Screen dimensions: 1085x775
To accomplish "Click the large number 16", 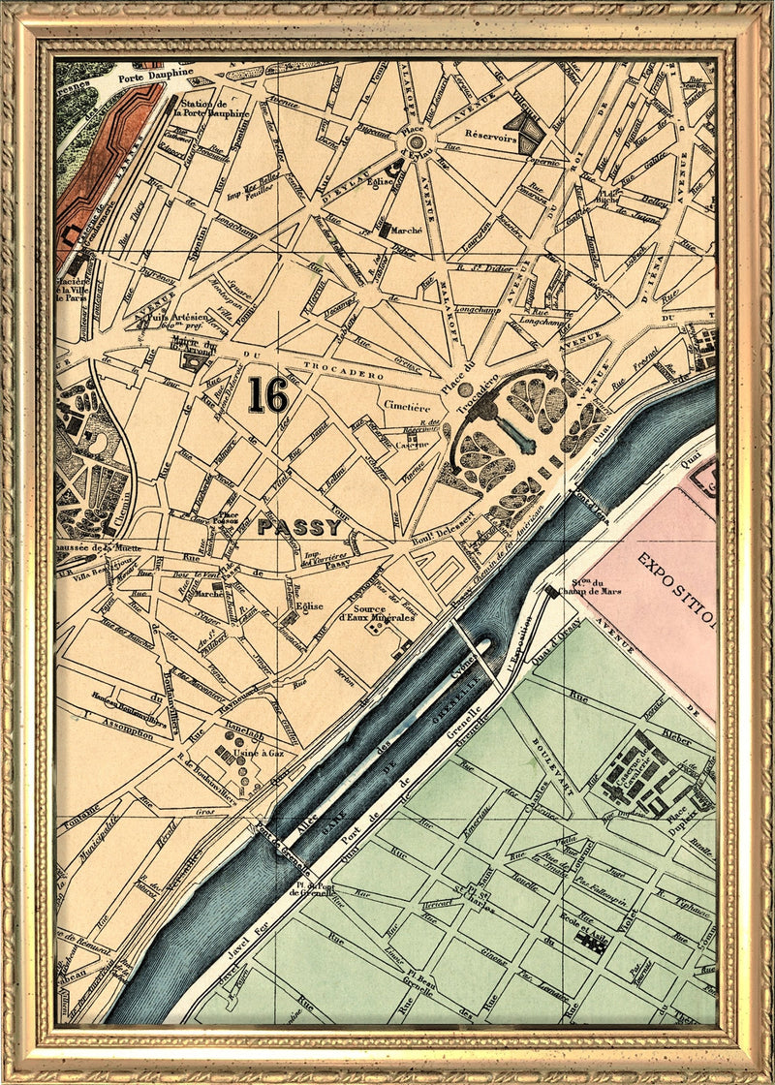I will pos(267,394).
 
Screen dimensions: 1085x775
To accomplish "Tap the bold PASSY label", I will pos(299,528).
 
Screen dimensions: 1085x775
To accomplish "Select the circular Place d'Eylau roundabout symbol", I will pos(416,142).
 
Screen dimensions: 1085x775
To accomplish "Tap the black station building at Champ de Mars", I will pos(551,590).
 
